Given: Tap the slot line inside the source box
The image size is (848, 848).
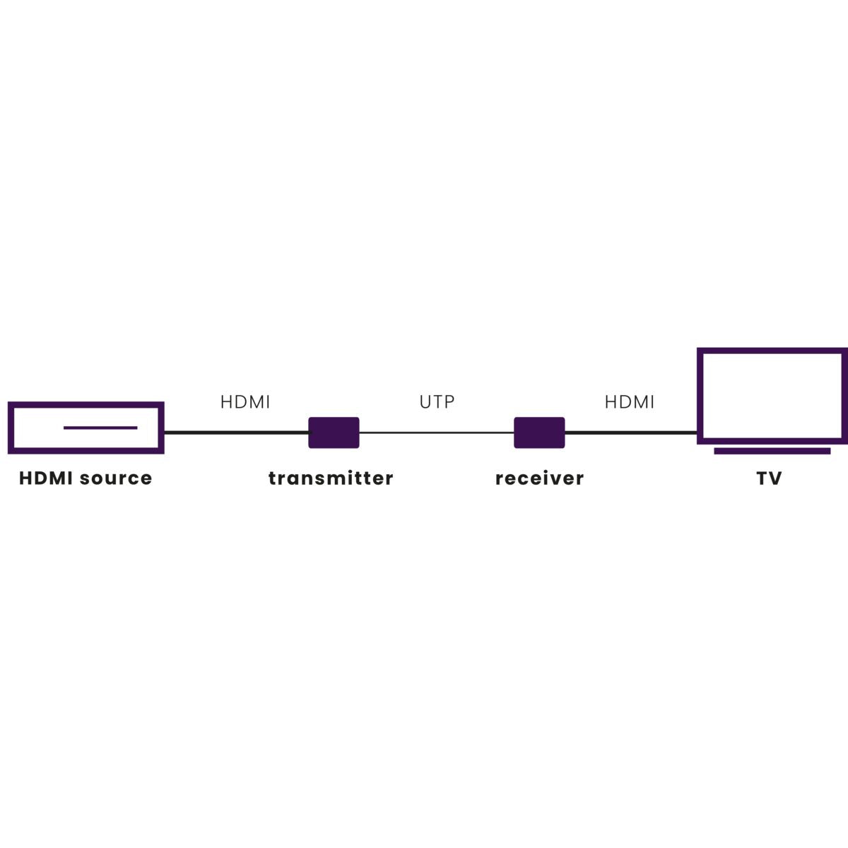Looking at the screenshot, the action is point(100,428).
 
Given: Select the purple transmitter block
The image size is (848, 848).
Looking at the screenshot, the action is point(334,432).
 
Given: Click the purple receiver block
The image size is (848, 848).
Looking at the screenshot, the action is point(539,432).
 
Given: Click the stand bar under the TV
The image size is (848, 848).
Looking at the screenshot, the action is point(772,451).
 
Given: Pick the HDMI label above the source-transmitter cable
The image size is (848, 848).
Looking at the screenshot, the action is point(245,402).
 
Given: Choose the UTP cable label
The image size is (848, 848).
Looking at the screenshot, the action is point(437,402).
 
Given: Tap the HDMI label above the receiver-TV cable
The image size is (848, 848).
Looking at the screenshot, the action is point(630,402).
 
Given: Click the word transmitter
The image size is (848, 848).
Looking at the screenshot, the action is point(331,478).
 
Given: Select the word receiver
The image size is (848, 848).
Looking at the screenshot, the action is point(539,478).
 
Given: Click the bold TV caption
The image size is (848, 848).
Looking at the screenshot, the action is point(769,478).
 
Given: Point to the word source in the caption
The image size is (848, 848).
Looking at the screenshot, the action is point(116,479).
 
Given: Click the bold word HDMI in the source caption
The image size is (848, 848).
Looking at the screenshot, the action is point(45,478).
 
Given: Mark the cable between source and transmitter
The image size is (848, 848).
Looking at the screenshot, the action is point(236,432).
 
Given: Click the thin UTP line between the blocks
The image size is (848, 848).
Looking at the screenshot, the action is point(437,432).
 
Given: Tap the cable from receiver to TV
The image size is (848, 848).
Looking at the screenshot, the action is point(631,432).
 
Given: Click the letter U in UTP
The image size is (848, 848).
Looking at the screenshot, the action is point(425,402).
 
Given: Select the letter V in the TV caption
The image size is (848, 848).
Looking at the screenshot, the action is point(775,478).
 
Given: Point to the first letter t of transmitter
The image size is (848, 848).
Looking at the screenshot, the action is point(272,478).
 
